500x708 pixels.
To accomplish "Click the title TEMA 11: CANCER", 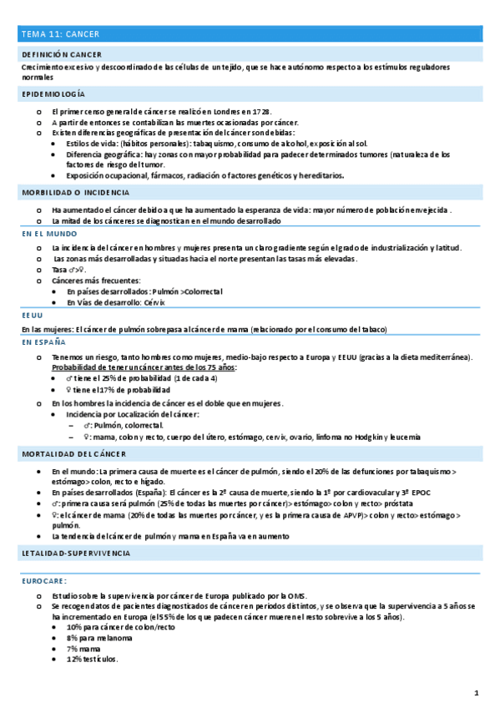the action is tap(61, 34).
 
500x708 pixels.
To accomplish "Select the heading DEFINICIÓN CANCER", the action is tap(62, 53).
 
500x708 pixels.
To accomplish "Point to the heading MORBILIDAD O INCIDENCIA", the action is tap(76, 192).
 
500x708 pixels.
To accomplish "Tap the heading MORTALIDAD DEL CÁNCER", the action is tap(74, 453).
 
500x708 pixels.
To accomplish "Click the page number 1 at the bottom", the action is tap(476, 693).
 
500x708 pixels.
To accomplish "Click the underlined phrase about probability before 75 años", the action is tap(144, 367).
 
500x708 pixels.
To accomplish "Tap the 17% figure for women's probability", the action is tap(108, 390).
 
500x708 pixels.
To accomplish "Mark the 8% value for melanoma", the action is tap(73, 638).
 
